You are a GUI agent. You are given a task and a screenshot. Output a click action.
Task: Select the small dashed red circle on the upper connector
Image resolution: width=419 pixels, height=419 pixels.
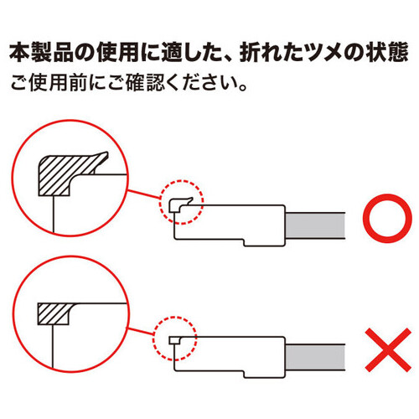click(182, 202)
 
